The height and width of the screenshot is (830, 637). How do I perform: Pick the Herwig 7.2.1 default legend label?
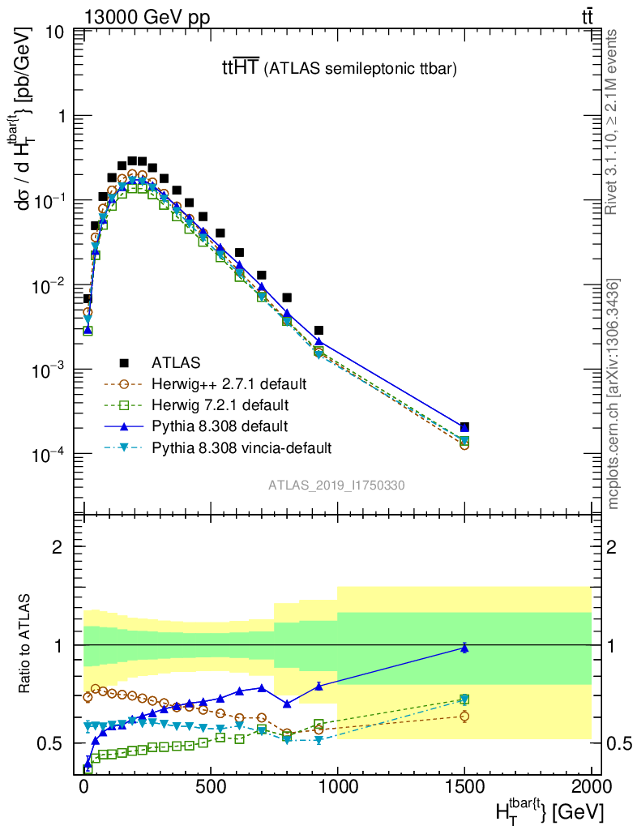[219, 404]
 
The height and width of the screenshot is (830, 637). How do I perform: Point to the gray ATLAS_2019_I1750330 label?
[337, 485]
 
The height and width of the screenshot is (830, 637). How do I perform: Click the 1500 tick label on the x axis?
[464, 787]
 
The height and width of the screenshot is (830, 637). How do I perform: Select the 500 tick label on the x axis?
[211, 787]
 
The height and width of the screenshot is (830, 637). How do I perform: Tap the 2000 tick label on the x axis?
[592, 787]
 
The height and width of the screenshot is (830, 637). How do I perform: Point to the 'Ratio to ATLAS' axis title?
[26, 644]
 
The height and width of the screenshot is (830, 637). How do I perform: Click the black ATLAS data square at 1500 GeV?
[464, 427]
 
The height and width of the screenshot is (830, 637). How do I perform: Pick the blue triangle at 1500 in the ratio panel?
[464, 647]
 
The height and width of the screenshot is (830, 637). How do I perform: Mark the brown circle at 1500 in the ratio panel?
[464, 716]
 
